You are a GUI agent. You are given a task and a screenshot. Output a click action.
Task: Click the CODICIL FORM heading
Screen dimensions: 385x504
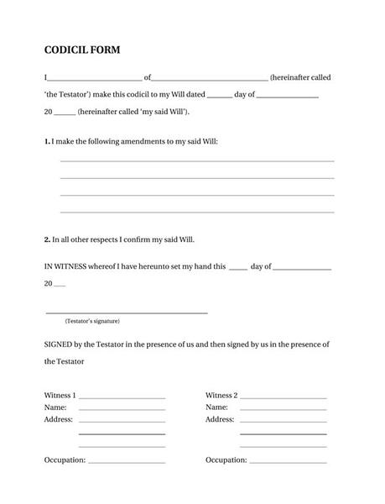(x=81, y=50)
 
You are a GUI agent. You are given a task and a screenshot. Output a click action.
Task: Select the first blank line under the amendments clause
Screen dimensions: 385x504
(x=197, y=160)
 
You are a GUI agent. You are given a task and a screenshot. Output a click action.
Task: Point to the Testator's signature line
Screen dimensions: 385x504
(x=127, y=312)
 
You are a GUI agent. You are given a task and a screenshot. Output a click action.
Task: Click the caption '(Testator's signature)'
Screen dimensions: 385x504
(x=92, y=321)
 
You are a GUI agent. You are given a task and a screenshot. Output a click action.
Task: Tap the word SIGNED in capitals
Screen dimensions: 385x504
(x=60, y=344)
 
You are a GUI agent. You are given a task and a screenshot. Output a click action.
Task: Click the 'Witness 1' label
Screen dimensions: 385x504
(x=60, y=395)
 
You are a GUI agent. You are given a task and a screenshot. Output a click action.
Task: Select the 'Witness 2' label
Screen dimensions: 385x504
(x=221, y=395)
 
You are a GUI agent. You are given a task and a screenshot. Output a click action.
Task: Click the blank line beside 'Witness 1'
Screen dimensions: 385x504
(x=122, y=397)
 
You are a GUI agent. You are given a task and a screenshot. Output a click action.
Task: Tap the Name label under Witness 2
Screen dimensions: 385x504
(x=216, y=407)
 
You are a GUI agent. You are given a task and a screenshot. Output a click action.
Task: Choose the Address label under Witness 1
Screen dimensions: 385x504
(x=58, y=418)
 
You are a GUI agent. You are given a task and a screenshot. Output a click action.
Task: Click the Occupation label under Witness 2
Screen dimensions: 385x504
(x=226, y=459)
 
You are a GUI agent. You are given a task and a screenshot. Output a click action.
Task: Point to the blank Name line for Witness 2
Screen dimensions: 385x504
(x=283, y=409)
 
